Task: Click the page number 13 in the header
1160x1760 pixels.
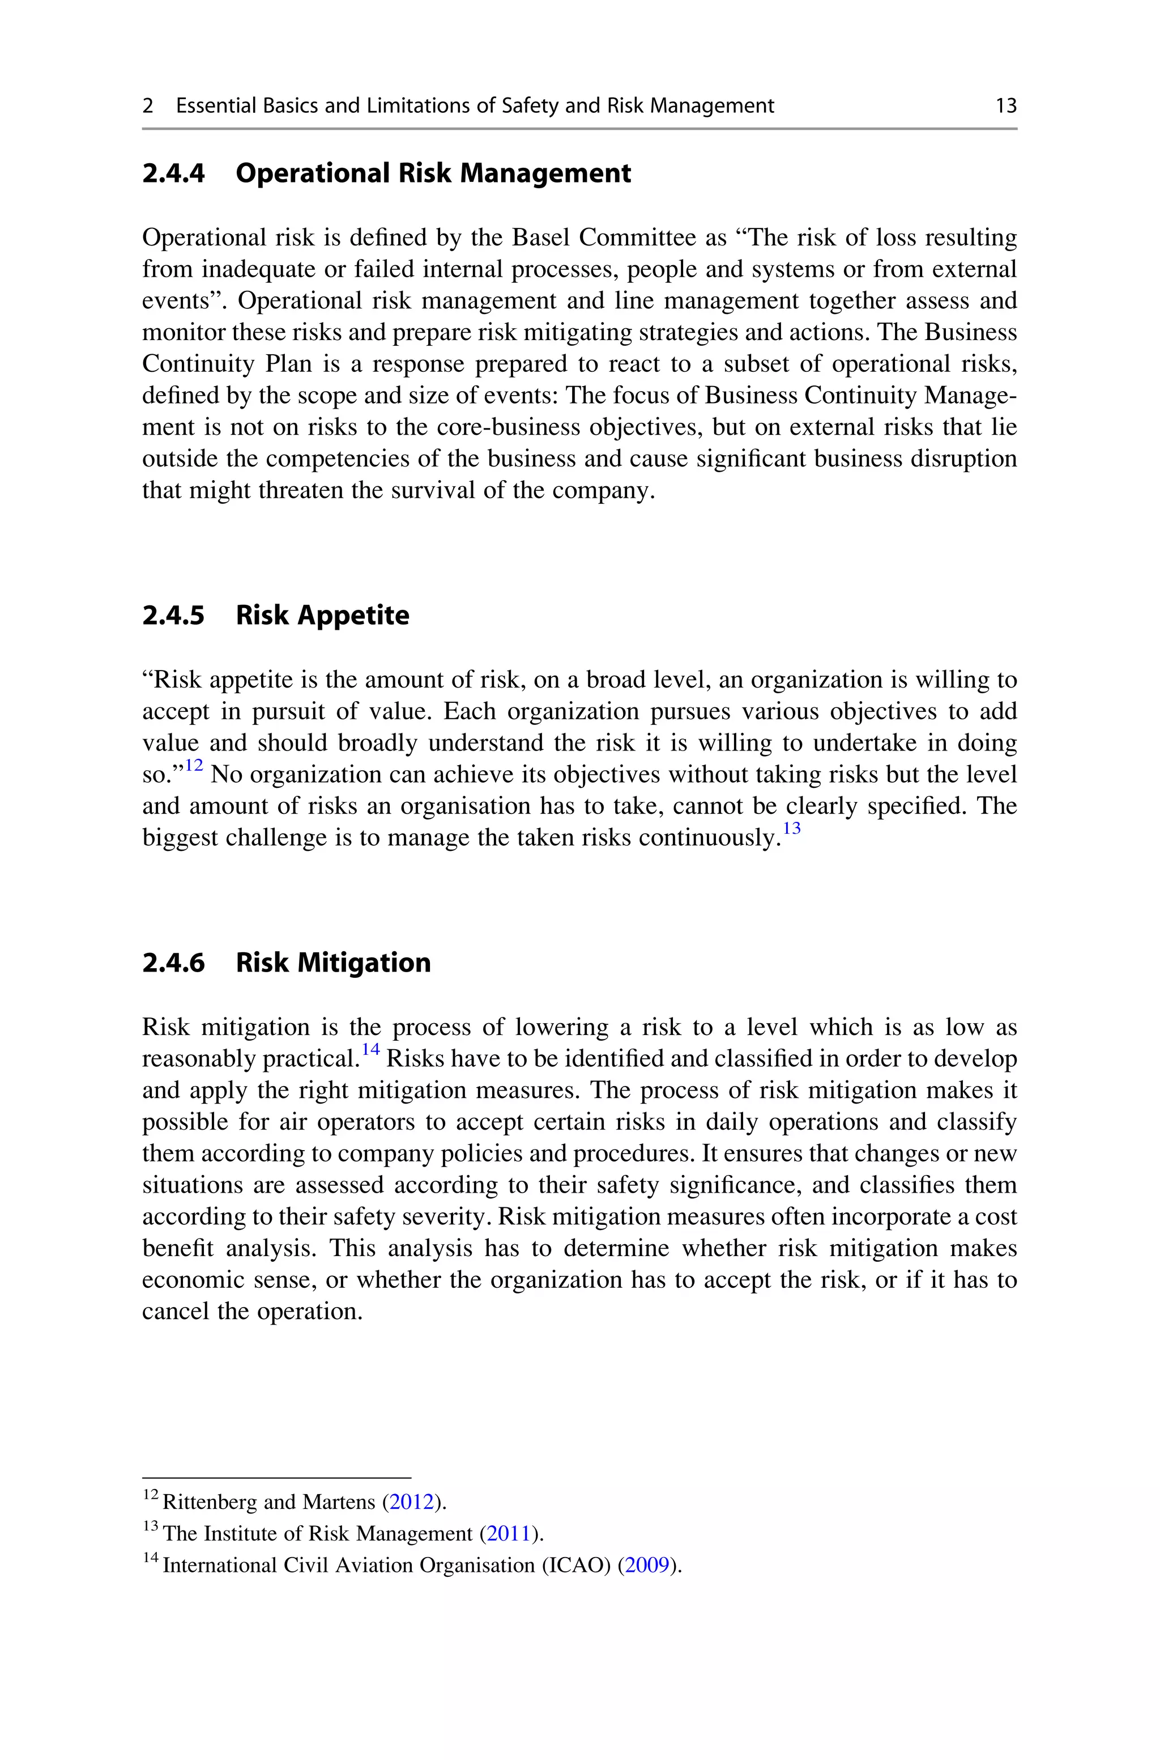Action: point(1005,106)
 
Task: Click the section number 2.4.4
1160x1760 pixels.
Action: point(173,173)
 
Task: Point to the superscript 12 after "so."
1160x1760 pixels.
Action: point(194,765)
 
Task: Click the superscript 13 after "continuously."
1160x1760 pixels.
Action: point(792,828)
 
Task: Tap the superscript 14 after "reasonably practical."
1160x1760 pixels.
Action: point(370,1050)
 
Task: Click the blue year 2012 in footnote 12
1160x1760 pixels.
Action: point(411,1502)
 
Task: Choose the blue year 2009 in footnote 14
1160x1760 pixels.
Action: point(647,1566)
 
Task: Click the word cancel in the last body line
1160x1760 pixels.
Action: point(176,1312)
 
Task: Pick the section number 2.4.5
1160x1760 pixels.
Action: point(173,615)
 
